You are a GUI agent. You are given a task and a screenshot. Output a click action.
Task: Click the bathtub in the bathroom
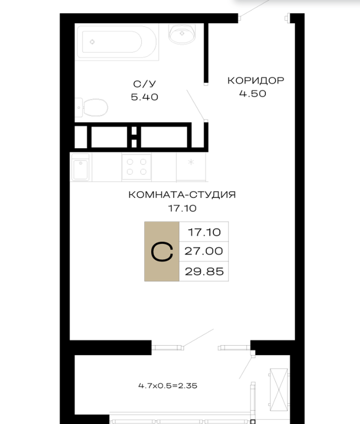tap(117, 42)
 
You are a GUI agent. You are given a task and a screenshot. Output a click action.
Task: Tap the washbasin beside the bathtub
tap(182, 34)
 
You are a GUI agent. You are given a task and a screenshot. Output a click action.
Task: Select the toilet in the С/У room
tap(92, 107)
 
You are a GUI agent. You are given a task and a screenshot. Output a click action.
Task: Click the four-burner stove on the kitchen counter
tap(137, 166)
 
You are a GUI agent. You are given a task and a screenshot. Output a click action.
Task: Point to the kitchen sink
tap(81, 167)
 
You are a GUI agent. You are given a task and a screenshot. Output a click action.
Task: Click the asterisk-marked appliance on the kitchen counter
tap(191, 166)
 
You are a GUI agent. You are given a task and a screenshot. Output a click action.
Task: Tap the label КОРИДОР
tap(256, 80)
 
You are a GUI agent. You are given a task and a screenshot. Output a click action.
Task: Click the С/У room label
tap(145, 84)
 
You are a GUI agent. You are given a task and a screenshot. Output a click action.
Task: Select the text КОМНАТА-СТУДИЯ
tap(182, 195)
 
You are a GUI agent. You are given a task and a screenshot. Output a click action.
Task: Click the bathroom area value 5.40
tap(145, 97)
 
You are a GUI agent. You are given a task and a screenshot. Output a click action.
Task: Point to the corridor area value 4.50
tap(253, 94)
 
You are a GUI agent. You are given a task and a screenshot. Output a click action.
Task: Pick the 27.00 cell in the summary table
tap(204, 251)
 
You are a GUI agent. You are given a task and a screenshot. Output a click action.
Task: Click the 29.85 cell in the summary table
tap(204, 271)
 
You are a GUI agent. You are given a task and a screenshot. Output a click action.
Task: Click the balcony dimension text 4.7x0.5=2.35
tap(168, 385)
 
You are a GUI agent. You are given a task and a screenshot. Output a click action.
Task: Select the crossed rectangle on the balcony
tap(279, 390)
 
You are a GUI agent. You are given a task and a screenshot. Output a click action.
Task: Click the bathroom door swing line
tap(196, 105)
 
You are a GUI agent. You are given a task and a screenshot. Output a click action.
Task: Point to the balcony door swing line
tap(199, 337)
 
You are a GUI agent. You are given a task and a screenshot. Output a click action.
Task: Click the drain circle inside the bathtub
tap(92, 42)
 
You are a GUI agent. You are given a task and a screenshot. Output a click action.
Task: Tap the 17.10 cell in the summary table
tap(204, 232)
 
